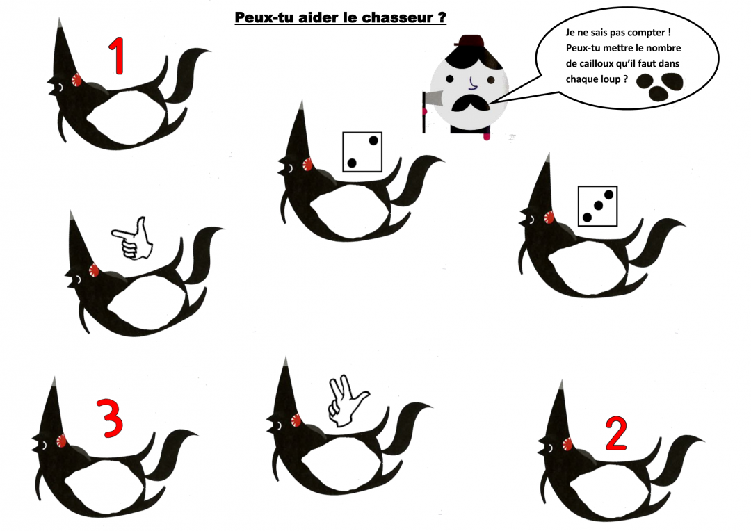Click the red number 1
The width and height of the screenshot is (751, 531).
116,56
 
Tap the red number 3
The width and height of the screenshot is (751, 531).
110,418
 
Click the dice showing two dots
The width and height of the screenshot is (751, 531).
362,152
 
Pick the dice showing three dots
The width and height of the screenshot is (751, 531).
597,206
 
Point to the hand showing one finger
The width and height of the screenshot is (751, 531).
133,239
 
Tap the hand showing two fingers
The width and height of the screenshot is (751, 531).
346,401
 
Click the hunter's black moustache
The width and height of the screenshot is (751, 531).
470,104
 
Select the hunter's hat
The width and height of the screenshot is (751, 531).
470,41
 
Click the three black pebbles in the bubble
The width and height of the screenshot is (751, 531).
659,86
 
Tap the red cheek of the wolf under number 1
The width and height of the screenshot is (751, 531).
76,79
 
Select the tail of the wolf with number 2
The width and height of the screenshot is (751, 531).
678,458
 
